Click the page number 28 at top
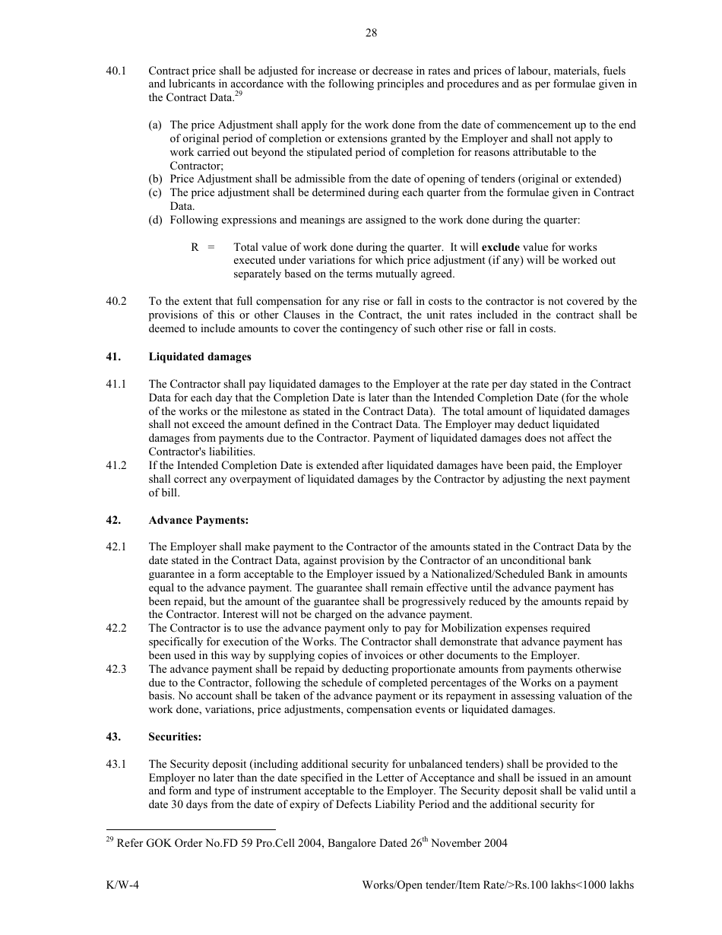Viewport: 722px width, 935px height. (371, 33)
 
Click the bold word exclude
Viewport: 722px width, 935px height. (500, 247)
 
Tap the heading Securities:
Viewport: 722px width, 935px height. (175, 737)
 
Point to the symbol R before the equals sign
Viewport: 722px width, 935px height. (195, 247)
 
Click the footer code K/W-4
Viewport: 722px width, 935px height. (122, 886)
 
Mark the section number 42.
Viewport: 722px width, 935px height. (113, 521)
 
